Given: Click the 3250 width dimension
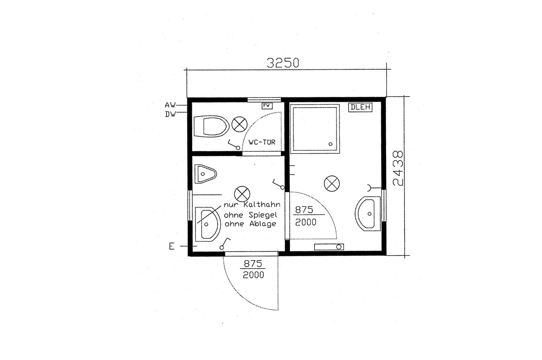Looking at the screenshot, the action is point(283,63).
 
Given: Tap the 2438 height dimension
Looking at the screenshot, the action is point(398,168).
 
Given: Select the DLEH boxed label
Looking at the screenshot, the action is point(360,107).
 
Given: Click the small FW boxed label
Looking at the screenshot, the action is point(267,106).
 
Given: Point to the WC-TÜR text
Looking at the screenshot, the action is point(262,142).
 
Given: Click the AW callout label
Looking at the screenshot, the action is point(170,105).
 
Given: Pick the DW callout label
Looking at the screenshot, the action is point(170,114).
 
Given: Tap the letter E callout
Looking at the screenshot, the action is point(172,246).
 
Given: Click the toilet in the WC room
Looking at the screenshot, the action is point(211,126).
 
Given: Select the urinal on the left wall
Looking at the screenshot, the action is point(205,174).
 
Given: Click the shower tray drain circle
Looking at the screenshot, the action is point(330,144).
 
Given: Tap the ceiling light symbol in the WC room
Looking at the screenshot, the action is point(239,125).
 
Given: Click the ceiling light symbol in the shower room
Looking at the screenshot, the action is point(332,184).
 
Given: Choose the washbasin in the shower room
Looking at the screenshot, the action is point(368,214).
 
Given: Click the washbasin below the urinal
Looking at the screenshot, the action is point(208,224).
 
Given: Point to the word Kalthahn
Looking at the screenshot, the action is point(262,204).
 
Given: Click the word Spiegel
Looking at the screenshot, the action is point(263,215).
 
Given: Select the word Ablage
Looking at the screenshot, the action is point(263,224).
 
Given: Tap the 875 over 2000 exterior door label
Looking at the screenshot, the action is point(253,269).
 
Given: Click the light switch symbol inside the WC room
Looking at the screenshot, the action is point(234,144).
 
